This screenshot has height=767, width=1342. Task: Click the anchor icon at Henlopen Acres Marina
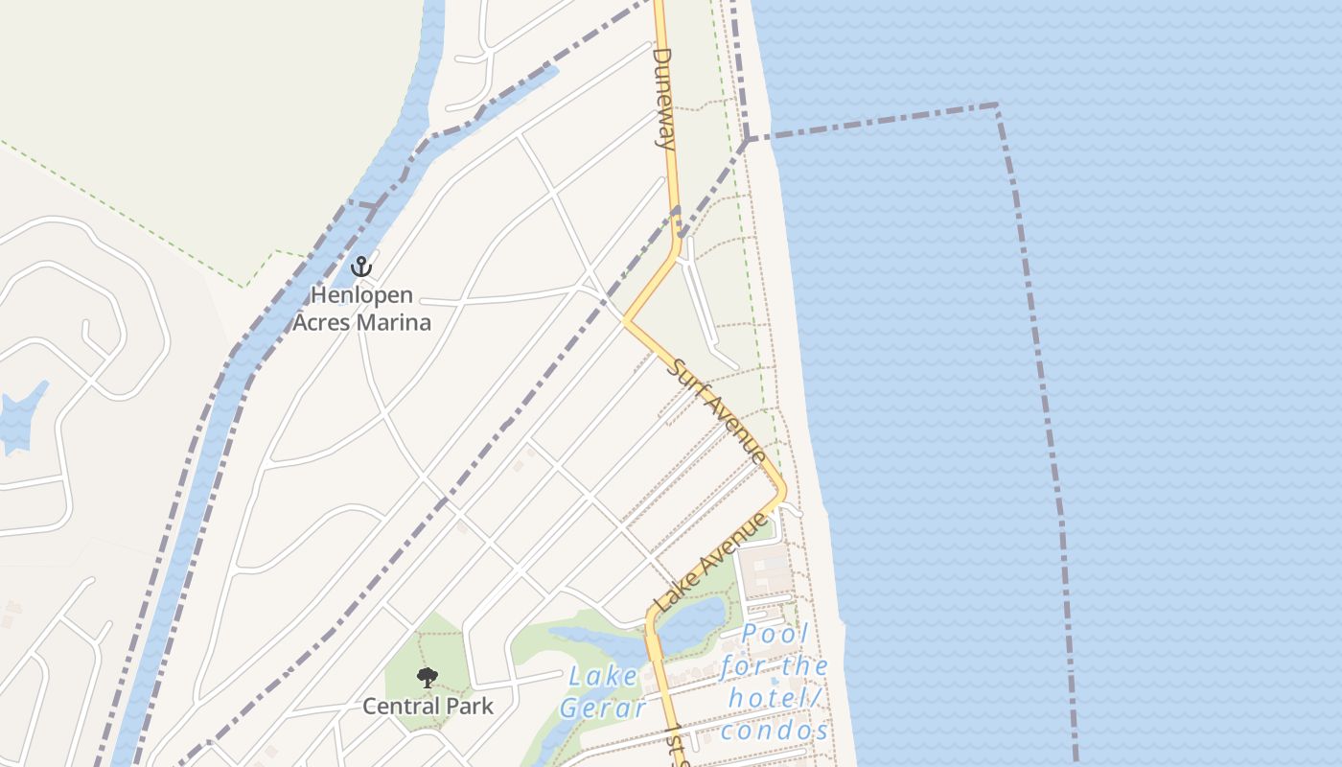[x=361, y=266]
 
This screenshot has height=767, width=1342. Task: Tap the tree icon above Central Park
[x=428, y=678]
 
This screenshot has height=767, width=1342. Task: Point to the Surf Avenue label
[x=718, y=410]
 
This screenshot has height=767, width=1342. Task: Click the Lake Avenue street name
[x=711, y=564]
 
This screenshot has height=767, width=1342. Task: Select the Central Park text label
[x=428, y=707]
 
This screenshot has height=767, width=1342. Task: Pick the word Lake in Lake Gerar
[x=603, y=676]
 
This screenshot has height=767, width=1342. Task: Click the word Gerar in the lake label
[x=603, y=709]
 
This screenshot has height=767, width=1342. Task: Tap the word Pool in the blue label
[x=775, y=634]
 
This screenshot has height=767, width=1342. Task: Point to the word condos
[x=775, y=731]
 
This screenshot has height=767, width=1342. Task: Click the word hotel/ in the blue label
[x=776, y=698]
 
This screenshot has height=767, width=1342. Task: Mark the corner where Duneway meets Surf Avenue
[x=626, y=320]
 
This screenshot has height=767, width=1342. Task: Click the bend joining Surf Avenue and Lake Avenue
[x=783, y=490]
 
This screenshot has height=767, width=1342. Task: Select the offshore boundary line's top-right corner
[x=997, y=105]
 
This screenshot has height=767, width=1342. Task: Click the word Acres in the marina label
[x=325, y=322]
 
